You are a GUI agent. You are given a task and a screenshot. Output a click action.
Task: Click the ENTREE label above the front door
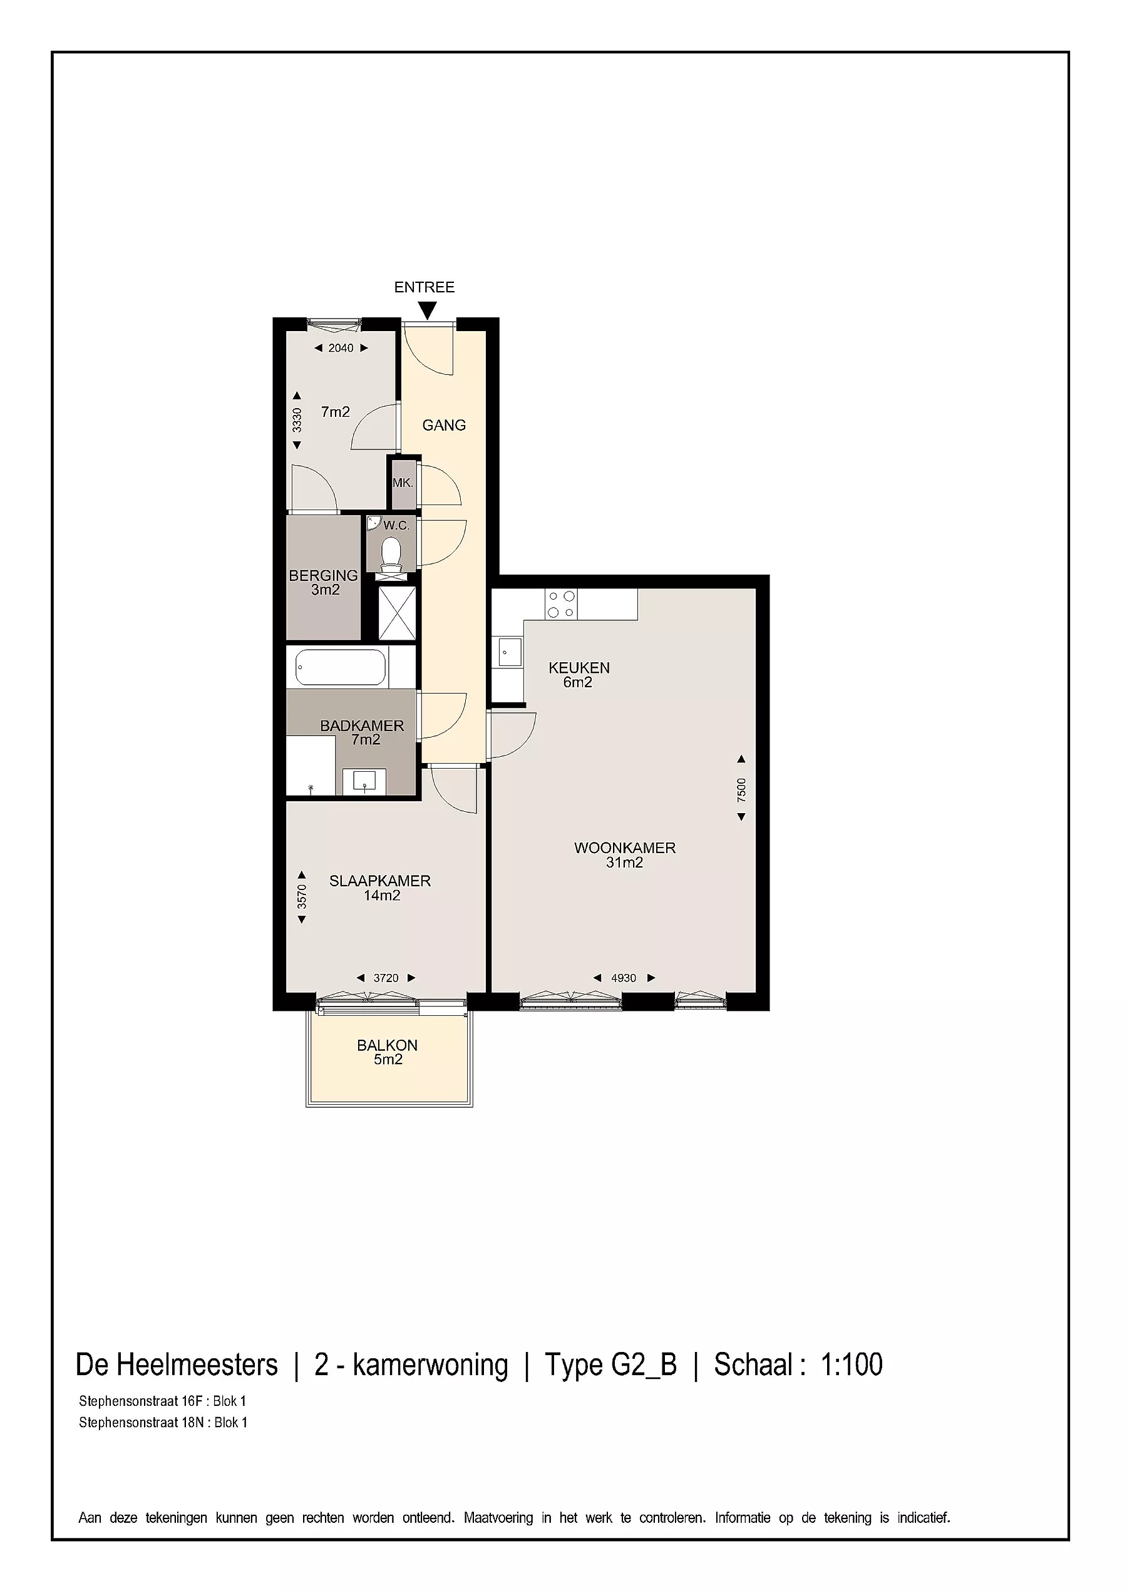pyautogui.click(x=424, y=287)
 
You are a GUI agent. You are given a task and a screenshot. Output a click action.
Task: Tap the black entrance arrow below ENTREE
pyautogui.click(x=428, y=311)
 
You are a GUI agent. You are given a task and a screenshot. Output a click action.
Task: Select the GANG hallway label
pyautogui.click(x=444, y=425)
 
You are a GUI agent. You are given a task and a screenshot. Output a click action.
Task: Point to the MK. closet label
pyautogui.click(x=403, y=483)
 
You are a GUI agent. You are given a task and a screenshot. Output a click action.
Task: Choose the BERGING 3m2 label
pyautogui.click(x=324, y=583)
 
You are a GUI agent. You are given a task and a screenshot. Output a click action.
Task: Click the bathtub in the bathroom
pyautogui.click(x=340, y=667)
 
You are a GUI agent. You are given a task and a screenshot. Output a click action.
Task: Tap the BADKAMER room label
pyautogui.click(x=361, y=725)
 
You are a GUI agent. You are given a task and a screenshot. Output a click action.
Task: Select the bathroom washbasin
pyautogui.click(x=364, y=781)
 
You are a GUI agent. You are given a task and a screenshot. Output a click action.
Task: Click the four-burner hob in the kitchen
pyautogui.click(x=561, y=603)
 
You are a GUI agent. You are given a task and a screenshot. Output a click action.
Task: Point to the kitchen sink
pyautogui.click(x=510, y=652)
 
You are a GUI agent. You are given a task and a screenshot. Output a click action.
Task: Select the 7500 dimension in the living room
pyautogui.click(x=741, y=789)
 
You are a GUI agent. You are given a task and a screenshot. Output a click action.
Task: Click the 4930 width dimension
pyautogui.click(x=624, y=978)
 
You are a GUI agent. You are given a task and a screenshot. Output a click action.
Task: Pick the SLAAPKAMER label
pyautogui.click(x=379, y=881)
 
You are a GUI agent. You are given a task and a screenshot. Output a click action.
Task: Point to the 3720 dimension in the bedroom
pyautogui.click(x=386, y=978)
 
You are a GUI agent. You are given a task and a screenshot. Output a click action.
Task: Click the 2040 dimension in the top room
pyautogui.click(x=341, y=348)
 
